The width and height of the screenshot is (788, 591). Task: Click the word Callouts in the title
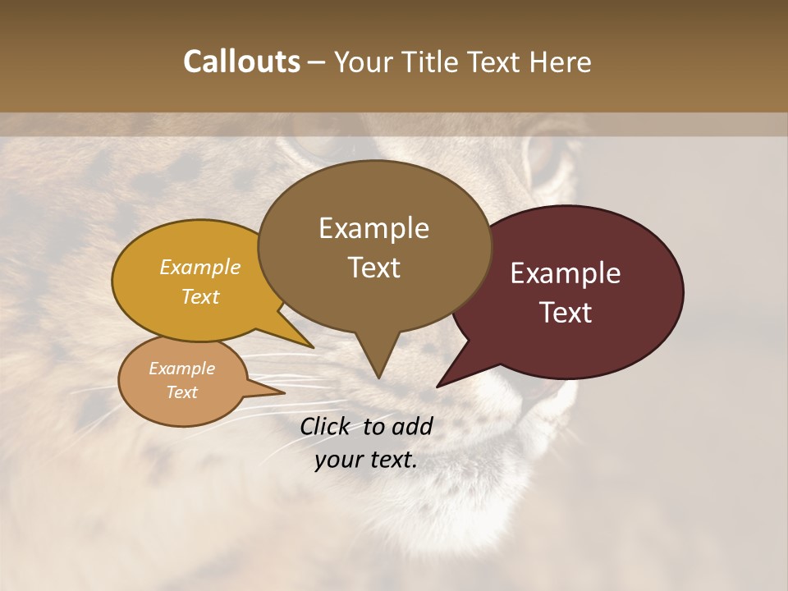click(241, 62)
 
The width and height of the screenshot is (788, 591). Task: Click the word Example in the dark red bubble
click(566, 273)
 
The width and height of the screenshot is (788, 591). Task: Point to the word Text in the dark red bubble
click(566, 313)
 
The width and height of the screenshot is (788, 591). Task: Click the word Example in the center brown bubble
click(373, 228)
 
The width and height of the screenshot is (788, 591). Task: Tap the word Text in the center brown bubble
click(373, 268)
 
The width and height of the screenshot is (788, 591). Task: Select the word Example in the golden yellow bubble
click(200, 268)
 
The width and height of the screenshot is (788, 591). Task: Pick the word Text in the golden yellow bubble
click(200, 296)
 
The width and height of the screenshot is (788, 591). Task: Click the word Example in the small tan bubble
click(182, 369)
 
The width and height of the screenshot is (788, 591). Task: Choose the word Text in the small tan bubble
click(182, 392)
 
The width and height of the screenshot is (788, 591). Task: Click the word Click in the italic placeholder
click(327, 426)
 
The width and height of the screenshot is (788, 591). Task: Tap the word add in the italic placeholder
click(413, 426)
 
